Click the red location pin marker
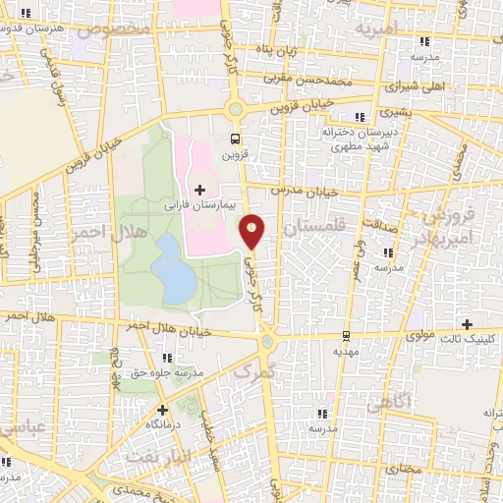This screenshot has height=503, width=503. [x=252, y=230]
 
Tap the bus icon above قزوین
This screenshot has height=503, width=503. [x=234, y=139]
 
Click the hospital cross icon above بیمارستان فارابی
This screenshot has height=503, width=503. [x=200, y=189]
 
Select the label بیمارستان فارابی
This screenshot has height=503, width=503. [x=200, y=207]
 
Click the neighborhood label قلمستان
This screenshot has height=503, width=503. [x=315, y=227]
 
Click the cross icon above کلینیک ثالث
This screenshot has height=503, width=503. [x=467, y=323]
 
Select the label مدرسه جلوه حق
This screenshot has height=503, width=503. [x=167, y=374]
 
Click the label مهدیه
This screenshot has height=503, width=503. [x=342, y=351]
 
